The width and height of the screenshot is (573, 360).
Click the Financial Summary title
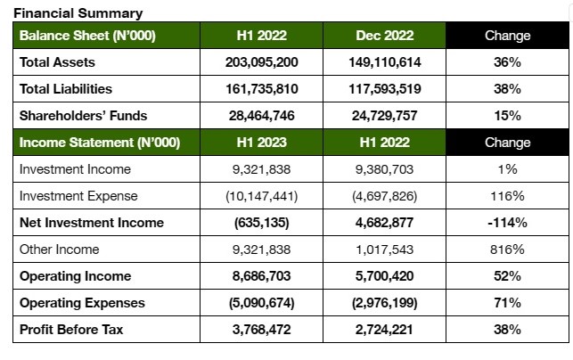click(x=78, y=13)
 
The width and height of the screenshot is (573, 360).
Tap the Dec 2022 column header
click(x=384, y=36)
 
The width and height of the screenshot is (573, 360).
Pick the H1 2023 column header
click(x=262, y=143)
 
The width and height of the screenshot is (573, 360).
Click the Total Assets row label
click(x=57, y=62)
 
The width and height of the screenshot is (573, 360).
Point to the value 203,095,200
click(x=262, y=62)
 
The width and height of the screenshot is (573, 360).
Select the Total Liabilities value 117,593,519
click(x=384, y=89)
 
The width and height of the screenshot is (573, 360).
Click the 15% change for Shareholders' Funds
click(x=507, y=116)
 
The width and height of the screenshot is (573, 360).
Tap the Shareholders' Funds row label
click(x=83, y=116)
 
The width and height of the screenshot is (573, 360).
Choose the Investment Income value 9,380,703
click(x=384, y=169)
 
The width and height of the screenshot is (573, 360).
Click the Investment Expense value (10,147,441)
click(x=262, y=196)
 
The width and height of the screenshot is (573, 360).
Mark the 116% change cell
click(x=507, y=196)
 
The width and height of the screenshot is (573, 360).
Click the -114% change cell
click(x=507, y=223)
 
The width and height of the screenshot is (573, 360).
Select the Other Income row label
click(x=59, y=250)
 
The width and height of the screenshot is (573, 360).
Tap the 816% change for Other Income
click(x=507, y=250)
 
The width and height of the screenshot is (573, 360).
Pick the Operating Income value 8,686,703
click(x=262, y=276)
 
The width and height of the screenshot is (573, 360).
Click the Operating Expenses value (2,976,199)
click(x=384, y=303)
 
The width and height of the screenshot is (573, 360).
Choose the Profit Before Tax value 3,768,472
click(x=262, y=330)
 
